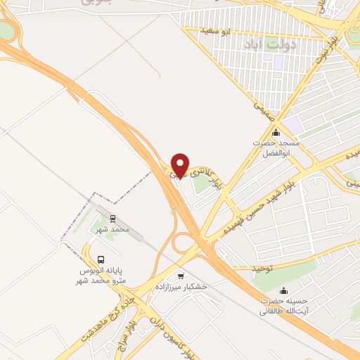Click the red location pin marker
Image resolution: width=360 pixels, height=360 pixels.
pos(180,165)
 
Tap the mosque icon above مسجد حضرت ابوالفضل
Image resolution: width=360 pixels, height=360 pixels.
pos(276,132)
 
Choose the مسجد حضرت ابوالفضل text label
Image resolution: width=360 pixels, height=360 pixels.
pos(276,147)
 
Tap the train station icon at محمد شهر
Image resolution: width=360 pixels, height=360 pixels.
pos(113,219)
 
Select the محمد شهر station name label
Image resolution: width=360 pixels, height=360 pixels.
pos(113,230)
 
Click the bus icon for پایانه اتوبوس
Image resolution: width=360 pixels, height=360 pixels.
pos(101,259)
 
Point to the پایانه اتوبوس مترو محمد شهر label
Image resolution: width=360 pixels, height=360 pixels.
pos(101,274)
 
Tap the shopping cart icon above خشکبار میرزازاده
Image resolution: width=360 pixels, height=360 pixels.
pos(181,276)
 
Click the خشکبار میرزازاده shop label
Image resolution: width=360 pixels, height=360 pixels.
pos(181,287)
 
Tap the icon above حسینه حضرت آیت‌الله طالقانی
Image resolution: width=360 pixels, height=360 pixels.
pos(283,290)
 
